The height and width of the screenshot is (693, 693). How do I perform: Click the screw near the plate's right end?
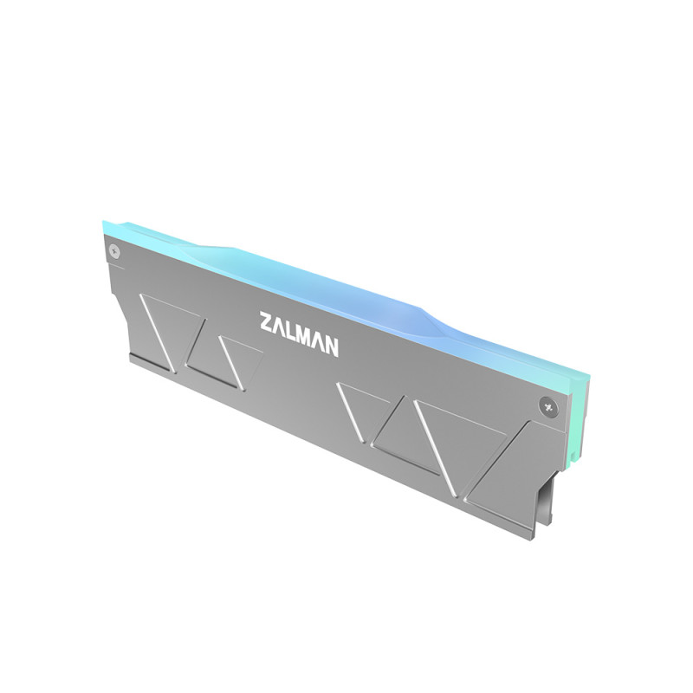click(x=547, y=403)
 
